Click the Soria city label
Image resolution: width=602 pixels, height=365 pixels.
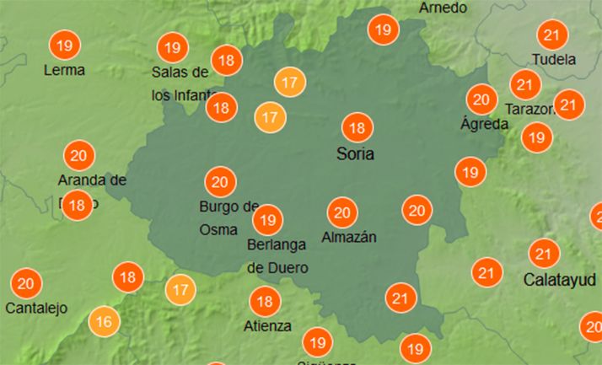355,154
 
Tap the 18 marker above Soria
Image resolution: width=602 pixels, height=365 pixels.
357,128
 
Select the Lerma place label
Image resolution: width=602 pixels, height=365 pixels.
64,70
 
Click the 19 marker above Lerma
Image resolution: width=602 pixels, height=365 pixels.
64,44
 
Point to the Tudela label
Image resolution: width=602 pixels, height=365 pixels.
554,60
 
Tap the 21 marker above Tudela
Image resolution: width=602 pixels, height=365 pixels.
553,35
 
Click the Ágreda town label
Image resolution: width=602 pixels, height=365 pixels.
484,124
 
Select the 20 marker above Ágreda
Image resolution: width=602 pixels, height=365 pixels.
481,99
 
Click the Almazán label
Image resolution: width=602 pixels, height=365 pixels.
348,238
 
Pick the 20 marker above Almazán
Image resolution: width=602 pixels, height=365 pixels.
342,212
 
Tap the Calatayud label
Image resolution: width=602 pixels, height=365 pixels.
560,279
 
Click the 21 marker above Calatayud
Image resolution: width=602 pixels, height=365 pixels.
544,253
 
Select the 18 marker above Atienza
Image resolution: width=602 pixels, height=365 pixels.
265,301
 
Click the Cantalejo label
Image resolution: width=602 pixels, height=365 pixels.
36,309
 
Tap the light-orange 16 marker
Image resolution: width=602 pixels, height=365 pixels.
105,321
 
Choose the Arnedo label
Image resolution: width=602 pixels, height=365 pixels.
443,8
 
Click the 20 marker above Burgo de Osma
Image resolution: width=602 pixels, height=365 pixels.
220,182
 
